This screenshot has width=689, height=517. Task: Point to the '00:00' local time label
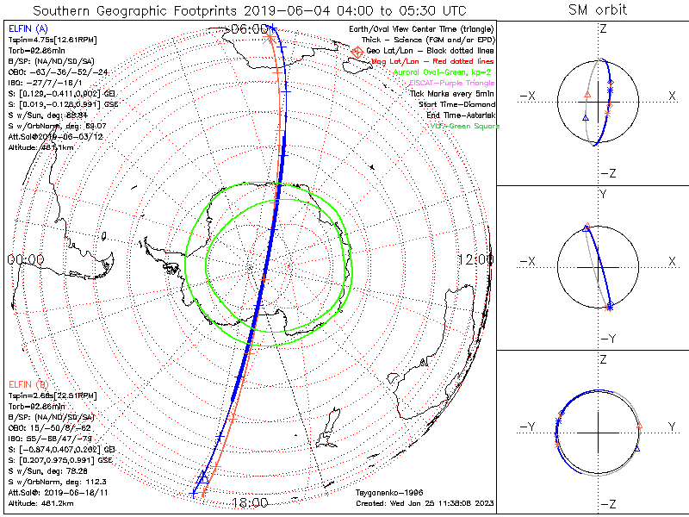(x=25, y=259)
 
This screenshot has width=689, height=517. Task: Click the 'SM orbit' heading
(x=598, y=10)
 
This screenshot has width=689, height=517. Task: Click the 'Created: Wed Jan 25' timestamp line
(x=421, y=502)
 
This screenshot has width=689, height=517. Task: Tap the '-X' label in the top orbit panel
(x=529, y=95)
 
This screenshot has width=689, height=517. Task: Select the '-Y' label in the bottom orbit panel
(x=529, y=427)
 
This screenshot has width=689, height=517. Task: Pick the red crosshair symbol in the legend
(x=357, y=52)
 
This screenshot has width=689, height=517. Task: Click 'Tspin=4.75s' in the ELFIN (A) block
(x=25, y=40)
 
